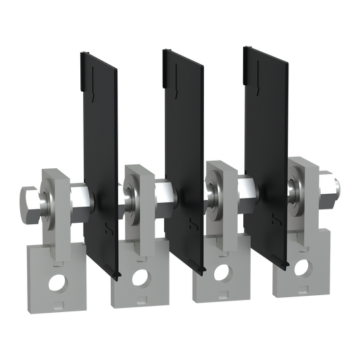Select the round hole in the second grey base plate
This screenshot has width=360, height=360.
(140, 276)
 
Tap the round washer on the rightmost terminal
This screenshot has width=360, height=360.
(294, 184)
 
